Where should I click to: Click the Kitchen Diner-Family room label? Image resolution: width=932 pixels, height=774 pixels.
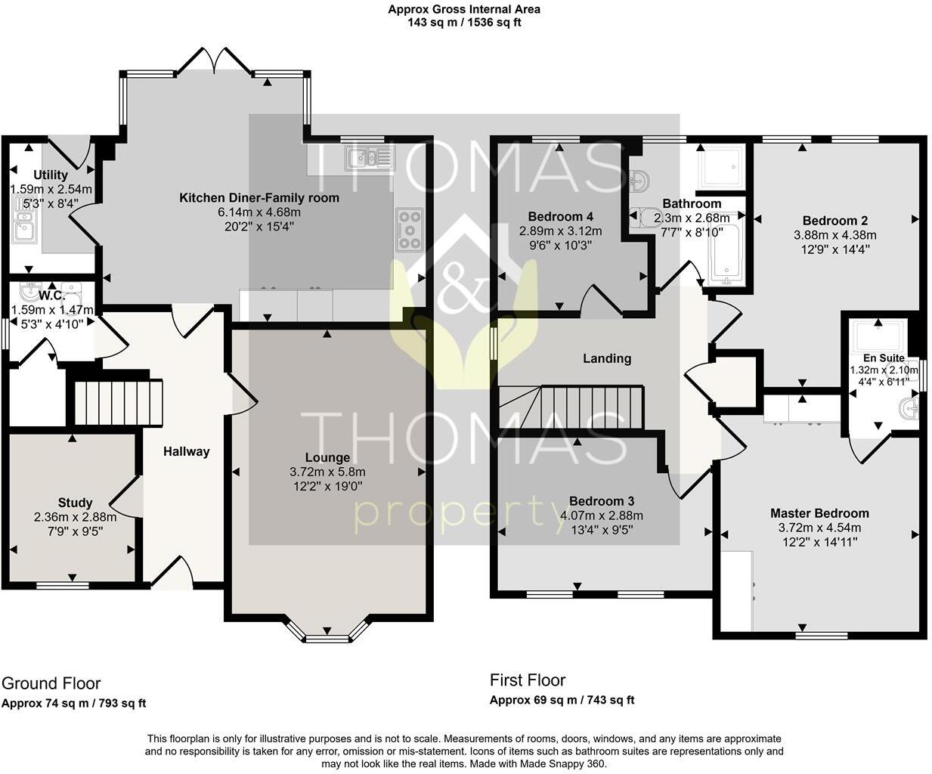pyautogui.click(x=259, y=198)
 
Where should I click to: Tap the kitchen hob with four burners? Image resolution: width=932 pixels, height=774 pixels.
pyautogui.click(x=409, y=228)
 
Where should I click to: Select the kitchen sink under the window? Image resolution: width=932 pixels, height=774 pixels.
pyautogui.click(x=369, y=157)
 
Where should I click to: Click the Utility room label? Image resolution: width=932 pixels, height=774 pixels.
pyautogui.click(x=51, y=175)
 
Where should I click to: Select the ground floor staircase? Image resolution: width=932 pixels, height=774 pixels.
pyautogui.click(x=118, y=404)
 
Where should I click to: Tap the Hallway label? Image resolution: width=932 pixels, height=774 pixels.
pyautogui.click(x=186, y=451)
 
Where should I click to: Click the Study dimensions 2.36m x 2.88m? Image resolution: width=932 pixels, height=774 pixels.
pyautogui.click(x=75, y=517)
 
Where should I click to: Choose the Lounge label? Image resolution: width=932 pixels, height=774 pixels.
pyautogui.click(x=327, y=457)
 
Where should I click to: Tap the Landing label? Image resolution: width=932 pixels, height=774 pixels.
pyautogui.click(x=606, y=358)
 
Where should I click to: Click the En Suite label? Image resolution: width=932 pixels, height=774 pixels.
pyautogui.click(x=884, y=358)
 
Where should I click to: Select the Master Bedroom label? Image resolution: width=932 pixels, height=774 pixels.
pyautogui.click(x=819, y=512)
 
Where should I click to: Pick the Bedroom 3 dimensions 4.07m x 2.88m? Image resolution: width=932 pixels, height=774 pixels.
pyautogui.click(x=602, y=515)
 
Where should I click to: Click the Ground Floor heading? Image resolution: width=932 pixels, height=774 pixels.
pyautogui.click(x=51, y=683)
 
